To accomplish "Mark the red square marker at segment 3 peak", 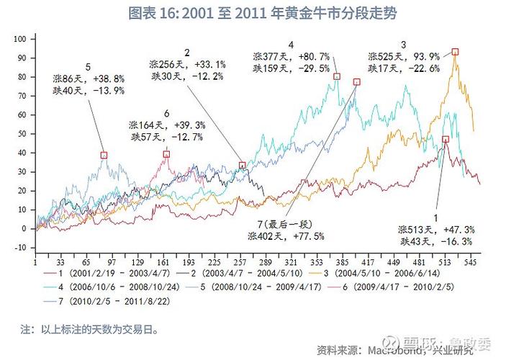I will click(456, 52).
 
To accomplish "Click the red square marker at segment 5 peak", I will click(104, 155).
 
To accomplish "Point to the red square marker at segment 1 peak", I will click(446, 139).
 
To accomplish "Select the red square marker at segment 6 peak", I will click(166, 154).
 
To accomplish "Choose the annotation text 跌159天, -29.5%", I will click(291, 68).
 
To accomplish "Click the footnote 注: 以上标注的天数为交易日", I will click(89, 330).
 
